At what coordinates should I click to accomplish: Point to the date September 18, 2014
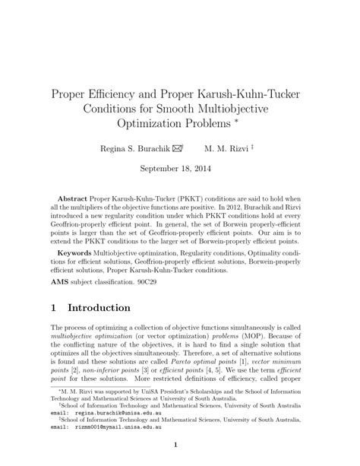click(x=179, y=172)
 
